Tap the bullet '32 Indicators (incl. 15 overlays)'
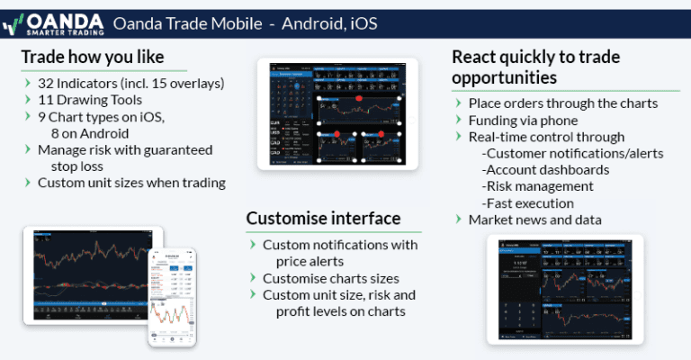(130, 84)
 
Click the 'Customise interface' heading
(323, 218)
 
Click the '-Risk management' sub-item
(538, 186)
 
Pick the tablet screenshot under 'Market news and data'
(565, 290)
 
